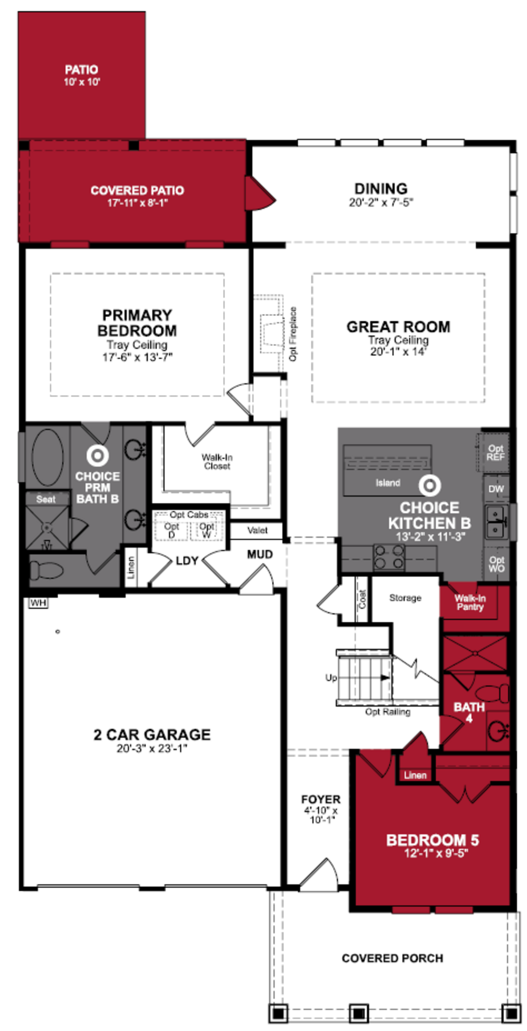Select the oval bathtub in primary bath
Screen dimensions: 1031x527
(x=48, y=457)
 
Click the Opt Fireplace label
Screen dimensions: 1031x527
(x=293, y=334)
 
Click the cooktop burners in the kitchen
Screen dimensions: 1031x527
(x=388, y=557)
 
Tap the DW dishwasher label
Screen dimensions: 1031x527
(x=496, y=489)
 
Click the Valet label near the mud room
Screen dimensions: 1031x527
(x=257, y=530)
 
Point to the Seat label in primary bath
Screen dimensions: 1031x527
(x=46, y=499)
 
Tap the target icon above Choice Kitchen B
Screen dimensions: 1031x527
(x=430, y=486)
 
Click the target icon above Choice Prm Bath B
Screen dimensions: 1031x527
(x=97, y=455)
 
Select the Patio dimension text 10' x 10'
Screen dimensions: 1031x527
(x=82, y=82)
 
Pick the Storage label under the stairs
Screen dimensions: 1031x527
(x=405, y=598)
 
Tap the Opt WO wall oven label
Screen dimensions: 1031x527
(x=497, y=564)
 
